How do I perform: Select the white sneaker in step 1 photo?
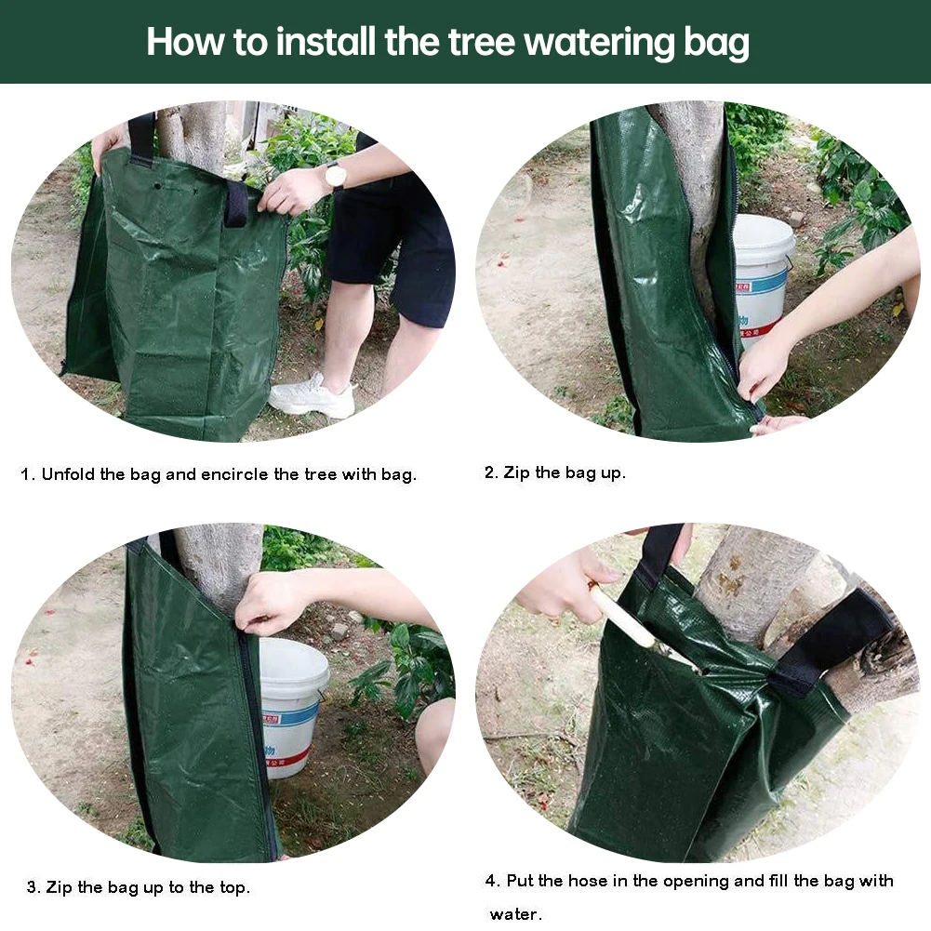click(312, 396)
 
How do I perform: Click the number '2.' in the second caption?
click(491, 472)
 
